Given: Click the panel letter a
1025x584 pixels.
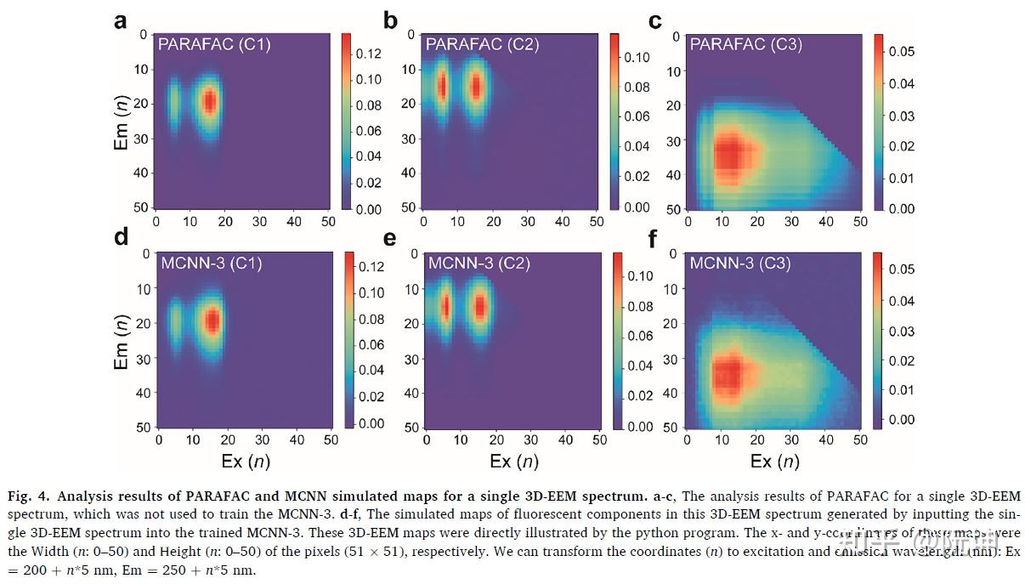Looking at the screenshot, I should pos(121,20).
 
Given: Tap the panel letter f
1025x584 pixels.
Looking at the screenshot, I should pos(654,239).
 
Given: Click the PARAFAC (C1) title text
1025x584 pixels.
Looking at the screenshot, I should pos(213,43).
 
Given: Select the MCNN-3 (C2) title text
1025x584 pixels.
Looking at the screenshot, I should pos(479,263).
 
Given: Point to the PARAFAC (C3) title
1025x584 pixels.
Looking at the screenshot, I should pos(745,44).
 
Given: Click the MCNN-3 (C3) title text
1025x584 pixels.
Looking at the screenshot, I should pos(739,263).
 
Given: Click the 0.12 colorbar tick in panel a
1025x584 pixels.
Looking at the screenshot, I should pos(369,54).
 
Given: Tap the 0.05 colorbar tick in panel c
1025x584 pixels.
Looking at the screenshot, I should pos(901,52).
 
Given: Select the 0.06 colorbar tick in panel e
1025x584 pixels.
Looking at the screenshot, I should pos(640,336).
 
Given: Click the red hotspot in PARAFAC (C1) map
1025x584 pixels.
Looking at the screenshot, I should pos(209,101).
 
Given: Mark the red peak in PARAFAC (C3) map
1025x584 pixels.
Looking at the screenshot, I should pos(728,156).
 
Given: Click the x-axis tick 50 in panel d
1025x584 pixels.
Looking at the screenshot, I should pos(331,439).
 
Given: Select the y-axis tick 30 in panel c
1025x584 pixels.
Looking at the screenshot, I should pos(674,140).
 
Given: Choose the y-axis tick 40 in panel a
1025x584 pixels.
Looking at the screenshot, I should pos(141,173).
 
